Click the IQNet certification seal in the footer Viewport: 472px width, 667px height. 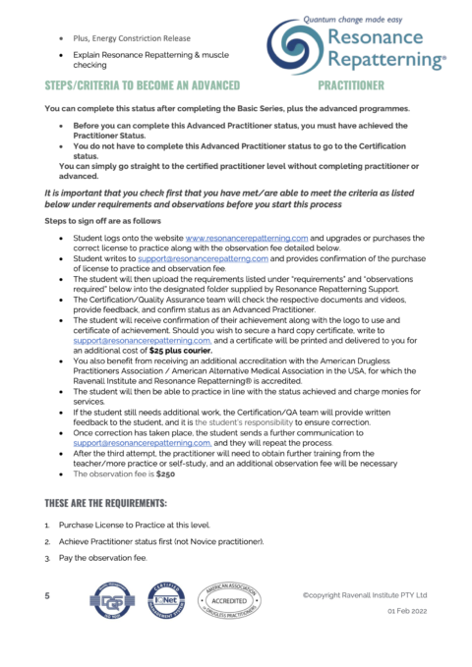coord(161,602)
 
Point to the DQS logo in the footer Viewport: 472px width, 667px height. coord(108,602)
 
